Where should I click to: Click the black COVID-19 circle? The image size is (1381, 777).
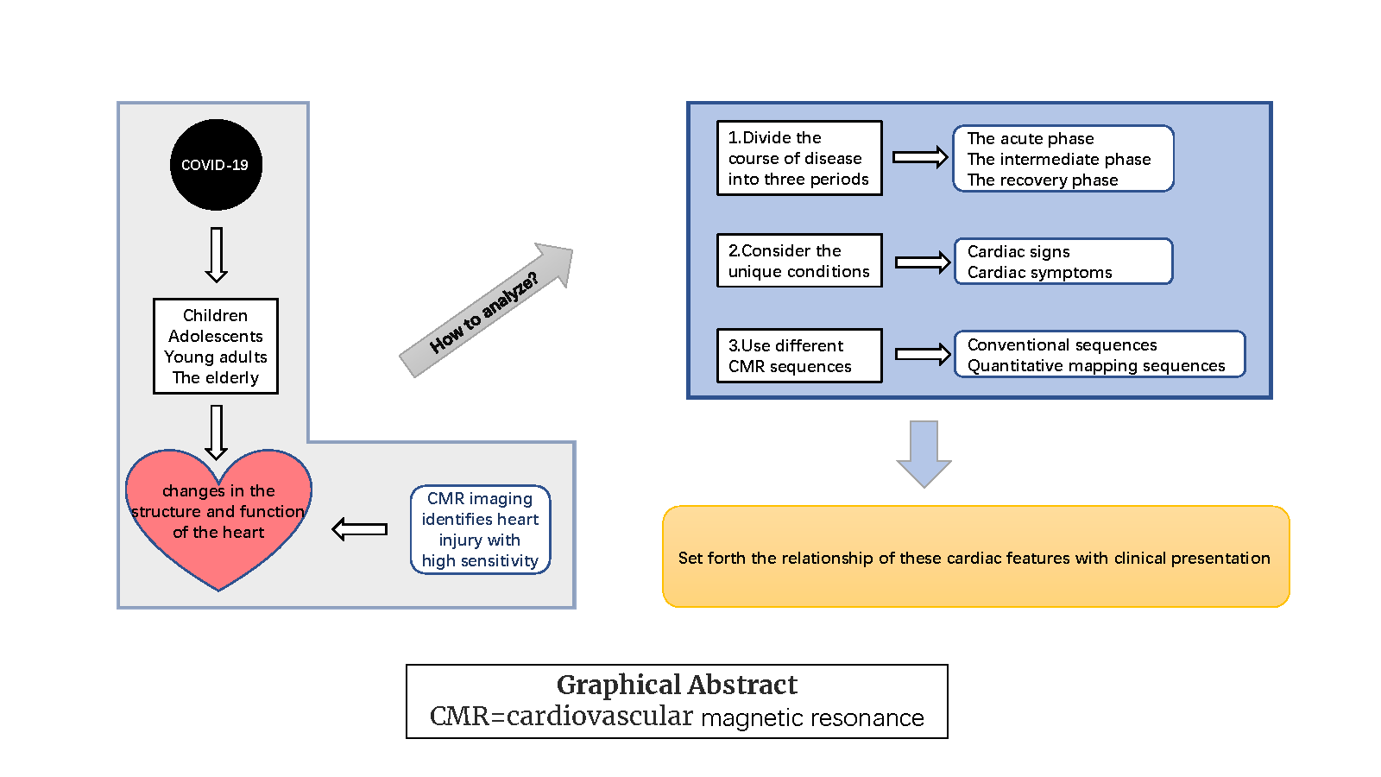coord(216,165)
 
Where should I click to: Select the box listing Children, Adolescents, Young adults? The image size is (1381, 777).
coord(216,345)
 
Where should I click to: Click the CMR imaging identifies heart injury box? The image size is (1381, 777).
coord(480,529)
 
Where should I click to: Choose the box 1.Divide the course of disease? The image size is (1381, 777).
coord(799,158)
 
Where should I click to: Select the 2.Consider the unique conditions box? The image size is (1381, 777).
coord(799,261)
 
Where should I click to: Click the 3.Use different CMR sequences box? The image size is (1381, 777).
coord(799,356)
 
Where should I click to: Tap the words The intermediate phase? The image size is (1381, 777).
coord(1059,159)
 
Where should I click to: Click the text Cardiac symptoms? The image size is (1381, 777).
coord(1039,273)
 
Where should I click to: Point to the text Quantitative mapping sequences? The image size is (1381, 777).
coord(1096,366)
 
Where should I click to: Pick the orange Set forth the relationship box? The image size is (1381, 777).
coord(975,557)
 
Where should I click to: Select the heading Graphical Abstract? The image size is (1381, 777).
coord(677,685)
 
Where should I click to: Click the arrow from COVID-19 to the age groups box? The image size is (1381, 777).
coord(217,255)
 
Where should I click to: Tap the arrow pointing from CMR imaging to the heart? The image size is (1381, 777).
coord(360,529)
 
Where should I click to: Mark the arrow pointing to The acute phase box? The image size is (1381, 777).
coord(920,157)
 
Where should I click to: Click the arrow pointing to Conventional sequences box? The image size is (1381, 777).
coord(923,354)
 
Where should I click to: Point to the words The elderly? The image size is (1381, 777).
coord(216,377)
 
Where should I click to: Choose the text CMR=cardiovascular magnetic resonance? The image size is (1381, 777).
coord(677,717)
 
